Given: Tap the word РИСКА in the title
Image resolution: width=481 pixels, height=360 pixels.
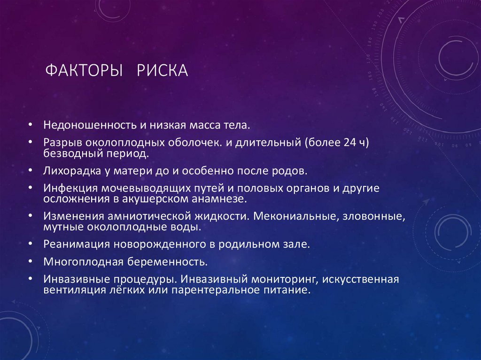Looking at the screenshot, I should (163, 71).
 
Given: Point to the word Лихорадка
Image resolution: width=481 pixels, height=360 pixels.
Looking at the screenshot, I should (70, 171).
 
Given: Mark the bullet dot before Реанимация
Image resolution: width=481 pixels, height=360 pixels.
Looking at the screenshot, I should (30, 245).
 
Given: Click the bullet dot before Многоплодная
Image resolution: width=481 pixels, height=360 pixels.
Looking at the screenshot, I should (30, 261).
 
